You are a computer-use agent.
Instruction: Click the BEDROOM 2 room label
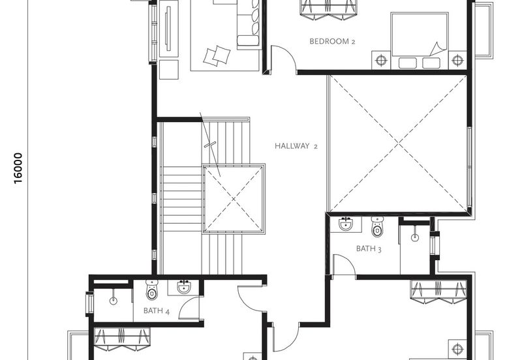point(332,41)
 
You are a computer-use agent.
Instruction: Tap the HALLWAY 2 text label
point(296,145)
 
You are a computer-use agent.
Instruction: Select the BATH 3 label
point(369,248)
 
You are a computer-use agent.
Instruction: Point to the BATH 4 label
point(157,310)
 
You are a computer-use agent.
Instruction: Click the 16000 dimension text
point(18,168)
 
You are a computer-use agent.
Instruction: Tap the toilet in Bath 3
point(377,226)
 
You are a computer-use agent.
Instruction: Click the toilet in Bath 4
point(152,290)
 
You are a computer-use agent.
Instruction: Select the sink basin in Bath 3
point(346,224)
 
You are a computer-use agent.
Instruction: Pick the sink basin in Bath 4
point(184,287)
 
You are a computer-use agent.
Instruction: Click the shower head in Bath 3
point(415,237)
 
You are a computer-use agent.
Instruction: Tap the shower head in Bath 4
point(113,301)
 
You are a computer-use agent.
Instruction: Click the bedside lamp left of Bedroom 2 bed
point(381,60)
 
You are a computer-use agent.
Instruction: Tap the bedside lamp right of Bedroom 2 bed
point(458,60)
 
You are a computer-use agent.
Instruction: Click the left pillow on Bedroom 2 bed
point(407,63)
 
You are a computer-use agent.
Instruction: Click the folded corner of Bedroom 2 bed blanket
point(438,49)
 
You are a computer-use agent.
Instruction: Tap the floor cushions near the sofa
point(217,55)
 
